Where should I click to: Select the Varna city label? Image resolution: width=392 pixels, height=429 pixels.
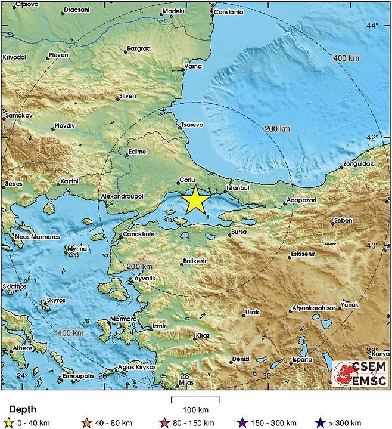pos(192,66)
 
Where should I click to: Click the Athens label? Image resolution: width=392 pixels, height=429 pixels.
pos(23,348)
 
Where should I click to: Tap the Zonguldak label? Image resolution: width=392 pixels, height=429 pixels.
pos(358,164)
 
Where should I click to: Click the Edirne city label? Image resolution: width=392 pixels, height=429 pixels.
pos(137,152)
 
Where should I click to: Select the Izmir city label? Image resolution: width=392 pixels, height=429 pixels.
pos(158,326)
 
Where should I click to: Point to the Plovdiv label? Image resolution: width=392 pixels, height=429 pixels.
pos(64,126)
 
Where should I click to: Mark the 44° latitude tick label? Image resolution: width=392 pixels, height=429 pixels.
pos(372,26)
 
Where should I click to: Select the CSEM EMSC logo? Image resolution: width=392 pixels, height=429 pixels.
pos(359,375)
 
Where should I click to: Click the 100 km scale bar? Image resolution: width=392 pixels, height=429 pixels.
pos(195,399)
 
